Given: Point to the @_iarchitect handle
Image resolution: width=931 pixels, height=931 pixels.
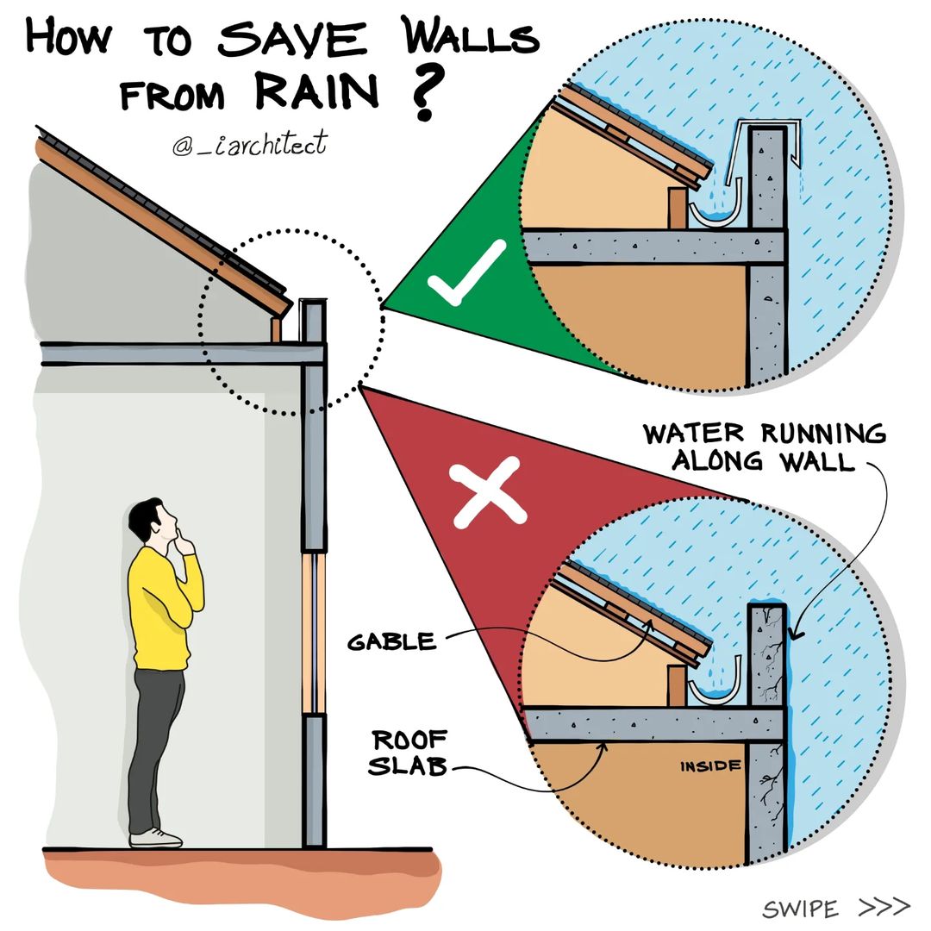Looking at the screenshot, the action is point(249,144).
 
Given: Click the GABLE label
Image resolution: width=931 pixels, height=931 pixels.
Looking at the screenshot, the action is point(392,642).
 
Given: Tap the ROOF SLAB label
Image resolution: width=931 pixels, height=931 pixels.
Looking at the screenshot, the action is point(409,753).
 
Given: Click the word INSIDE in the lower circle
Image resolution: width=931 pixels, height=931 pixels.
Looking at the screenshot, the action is point(710,766).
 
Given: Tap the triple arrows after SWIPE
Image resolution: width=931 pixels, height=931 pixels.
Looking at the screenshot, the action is point(884,906).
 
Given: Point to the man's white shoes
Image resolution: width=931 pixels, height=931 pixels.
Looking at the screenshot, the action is point(155,838).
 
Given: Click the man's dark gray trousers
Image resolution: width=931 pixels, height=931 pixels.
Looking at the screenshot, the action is point(155,748).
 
